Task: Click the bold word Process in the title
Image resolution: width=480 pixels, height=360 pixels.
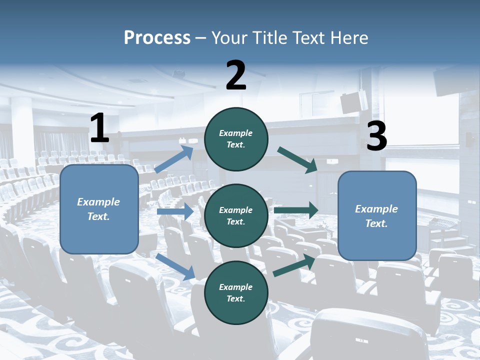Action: [x=157, y=38]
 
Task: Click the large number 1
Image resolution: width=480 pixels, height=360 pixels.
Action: [x=99, y=128]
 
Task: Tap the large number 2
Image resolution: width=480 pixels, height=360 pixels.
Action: [x=236, y=75]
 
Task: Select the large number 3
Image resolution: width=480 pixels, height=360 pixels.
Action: [x=376, y=136]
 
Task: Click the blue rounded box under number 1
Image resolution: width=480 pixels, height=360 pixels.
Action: [x=99, y=209]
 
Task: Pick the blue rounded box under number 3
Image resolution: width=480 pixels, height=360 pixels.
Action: [x=377, y=215]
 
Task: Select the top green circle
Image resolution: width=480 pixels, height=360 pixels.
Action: [x=236, y=139]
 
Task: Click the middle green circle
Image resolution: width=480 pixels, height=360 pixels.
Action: [x=236, y=215]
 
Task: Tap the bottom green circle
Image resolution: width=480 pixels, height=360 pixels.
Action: [x=236, y=292]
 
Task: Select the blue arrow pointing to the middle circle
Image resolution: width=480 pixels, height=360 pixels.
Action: [x=175, y=211]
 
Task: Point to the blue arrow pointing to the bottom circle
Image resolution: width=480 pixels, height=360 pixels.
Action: [x=175, y=266]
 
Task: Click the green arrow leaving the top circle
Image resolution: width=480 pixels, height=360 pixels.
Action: [x=297, y=159]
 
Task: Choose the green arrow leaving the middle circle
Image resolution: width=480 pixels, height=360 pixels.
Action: [x=295, y=210]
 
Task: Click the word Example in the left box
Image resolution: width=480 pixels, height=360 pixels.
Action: [x=98, y=202]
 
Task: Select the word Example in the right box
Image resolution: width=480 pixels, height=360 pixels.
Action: [x=376, y=209]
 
